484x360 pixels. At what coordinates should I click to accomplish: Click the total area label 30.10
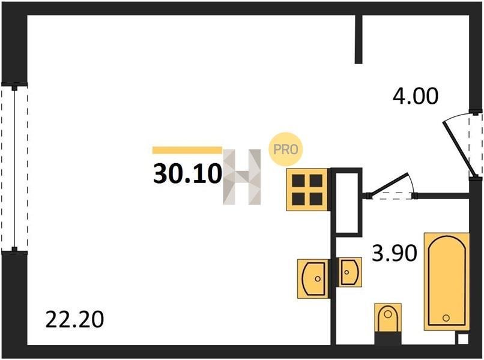[x=187, y=173]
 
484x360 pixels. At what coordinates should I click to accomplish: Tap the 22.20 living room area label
[x=74, y=320]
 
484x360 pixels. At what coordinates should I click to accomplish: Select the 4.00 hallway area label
[x=416, y=96]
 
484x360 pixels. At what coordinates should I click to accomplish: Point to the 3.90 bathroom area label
[x=395, y=253]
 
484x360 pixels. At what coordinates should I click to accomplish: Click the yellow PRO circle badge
[x=285, y=149]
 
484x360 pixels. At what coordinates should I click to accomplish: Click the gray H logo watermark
[x=241, y=177]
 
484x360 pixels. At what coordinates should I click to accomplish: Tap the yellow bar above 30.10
[x=187, y=150]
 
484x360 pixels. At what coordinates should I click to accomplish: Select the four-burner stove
[x=307, y=190]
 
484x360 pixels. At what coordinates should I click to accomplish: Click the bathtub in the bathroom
[x=447, y=281]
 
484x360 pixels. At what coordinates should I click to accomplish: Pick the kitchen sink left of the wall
[x=313, y=278]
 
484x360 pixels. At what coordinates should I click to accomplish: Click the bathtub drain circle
[x=446, y=318]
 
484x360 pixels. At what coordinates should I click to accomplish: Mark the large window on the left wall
[x=14, y=169]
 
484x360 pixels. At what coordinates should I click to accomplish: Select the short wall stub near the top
[x=358, y=39]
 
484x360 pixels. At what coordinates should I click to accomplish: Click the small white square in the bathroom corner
[x=462, y=340]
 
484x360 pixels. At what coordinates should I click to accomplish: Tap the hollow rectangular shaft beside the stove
[x=346, y=202]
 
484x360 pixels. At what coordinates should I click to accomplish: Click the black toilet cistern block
[x=388, y=338]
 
